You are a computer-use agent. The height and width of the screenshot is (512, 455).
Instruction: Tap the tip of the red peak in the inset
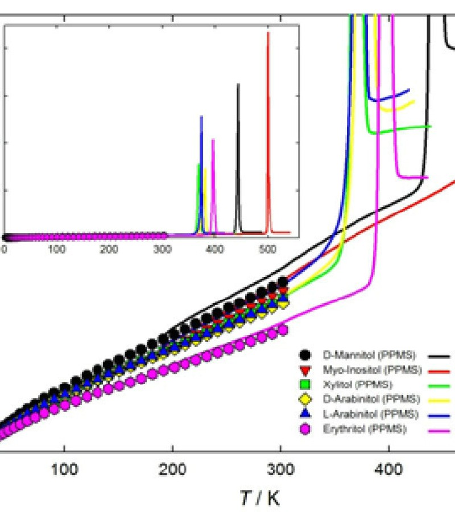tap(268, 33)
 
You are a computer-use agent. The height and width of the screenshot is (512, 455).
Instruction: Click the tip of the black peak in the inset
tap(238, 84)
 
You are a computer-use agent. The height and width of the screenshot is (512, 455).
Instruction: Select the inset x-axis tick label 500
tap(267, 248)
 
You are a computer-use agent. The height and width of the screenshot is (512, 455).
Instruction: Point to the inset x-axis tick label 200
tap(109, 248)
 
